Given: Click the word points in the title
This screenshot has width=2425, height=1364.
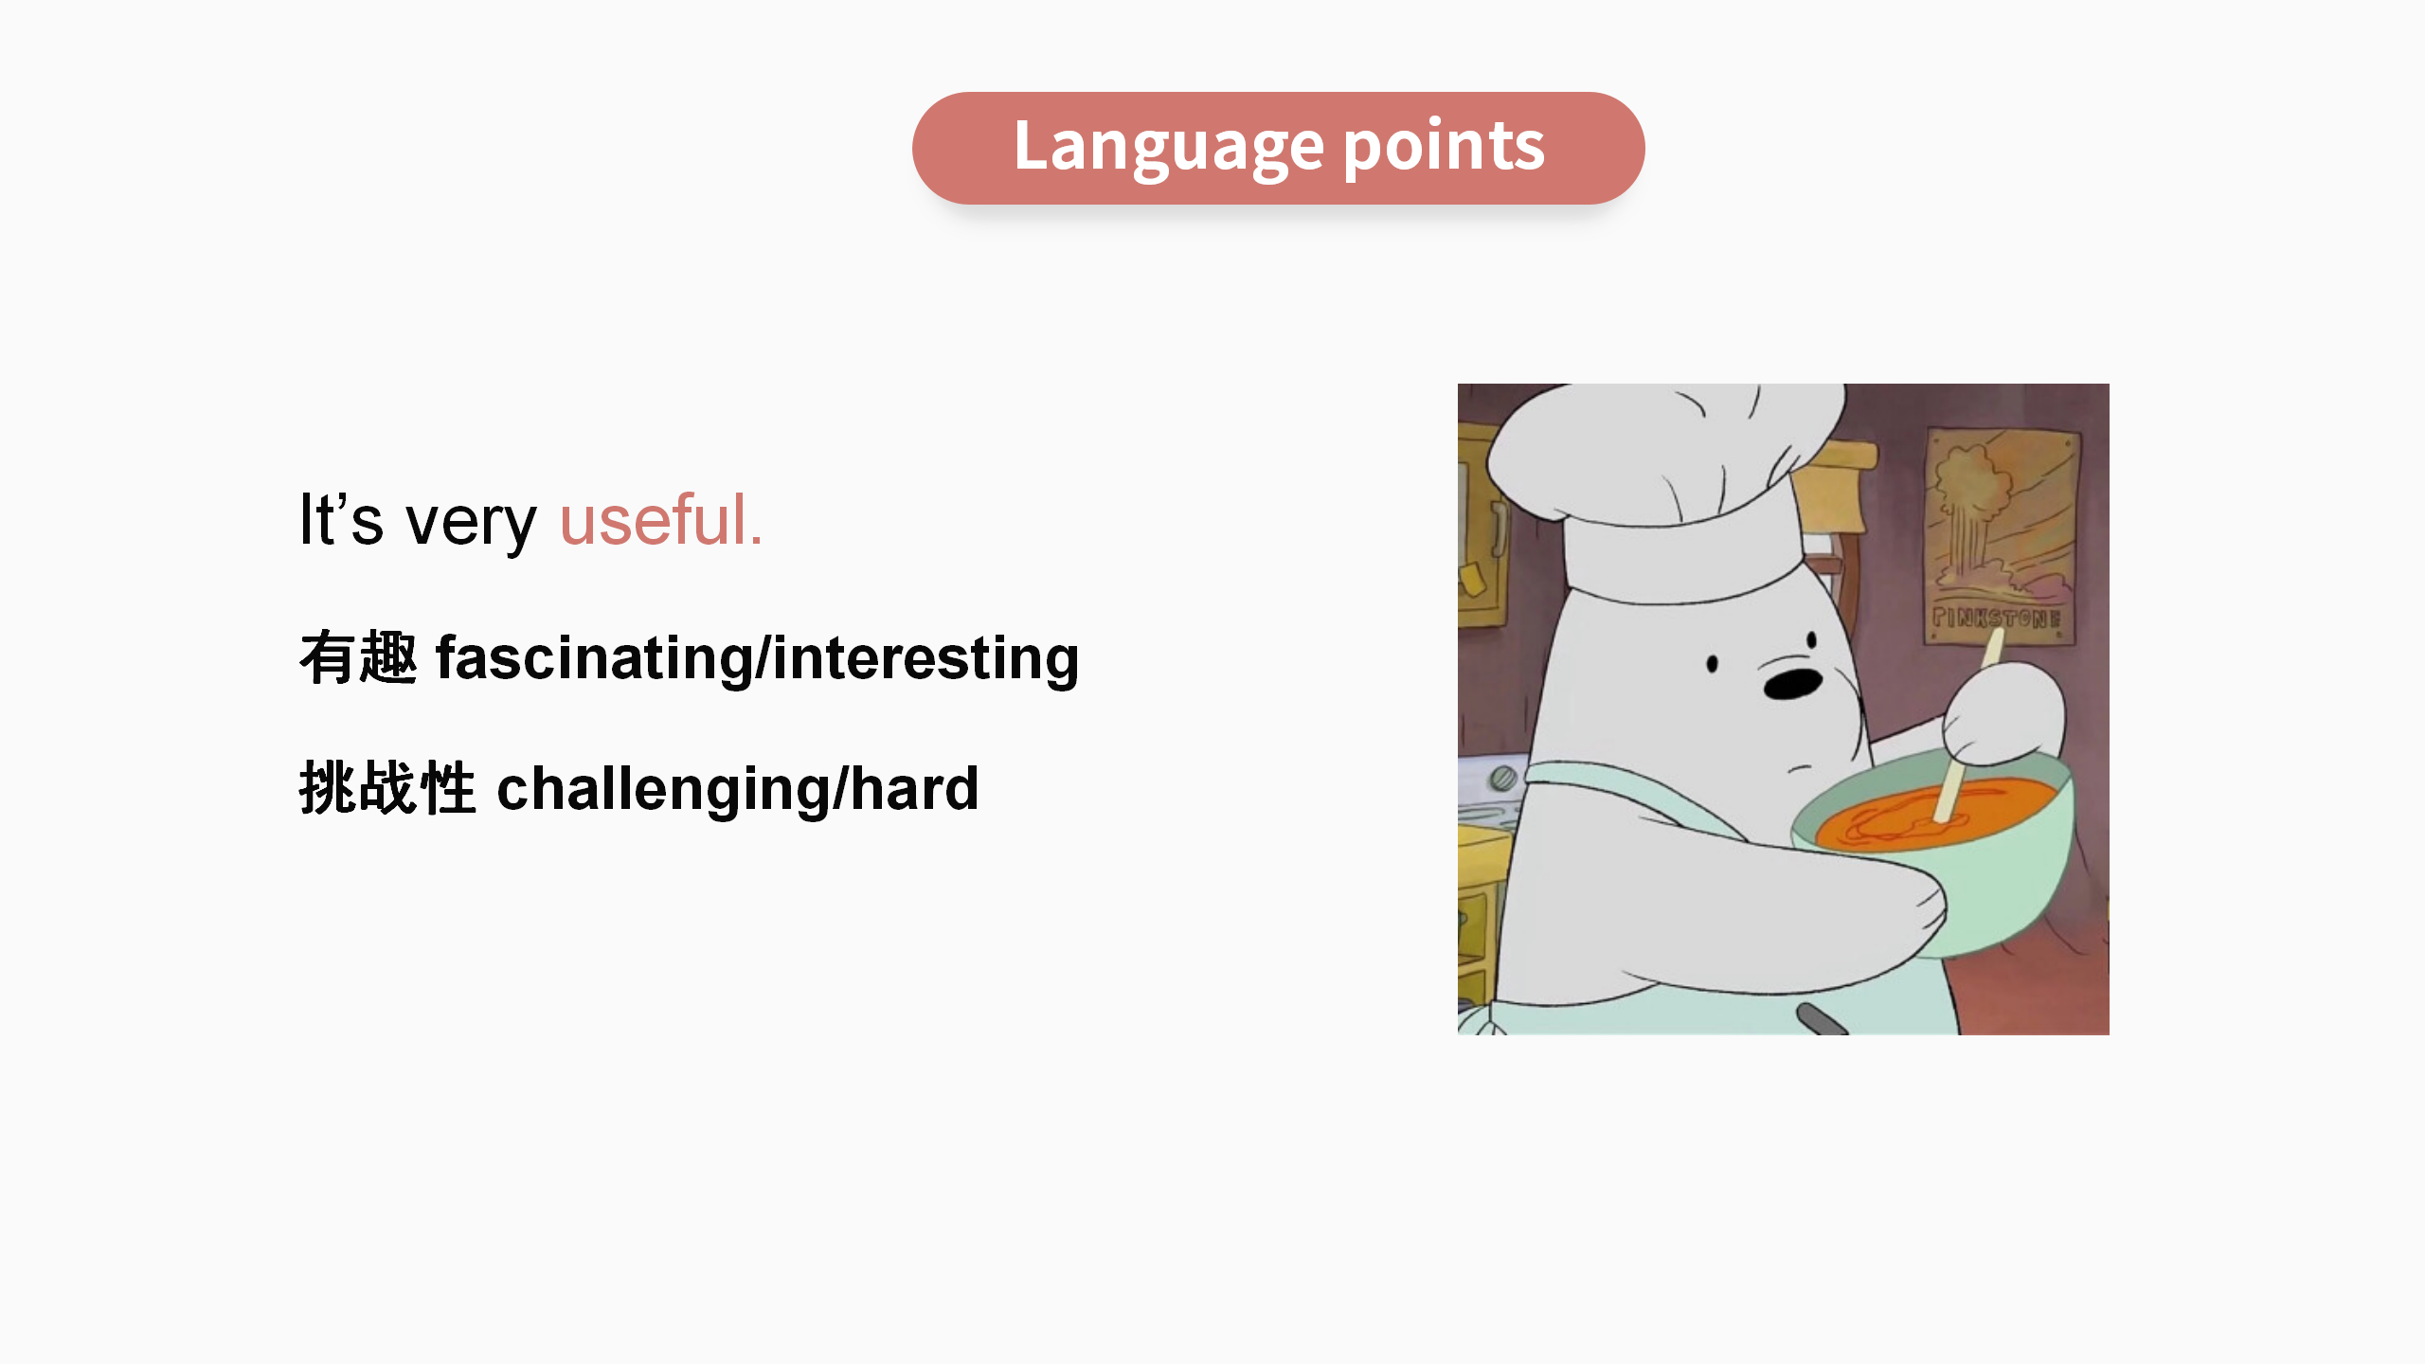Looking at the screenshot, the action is click(1445, 147).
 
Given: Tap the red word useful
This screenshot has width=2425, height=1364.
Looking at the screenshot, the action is click(661, 520).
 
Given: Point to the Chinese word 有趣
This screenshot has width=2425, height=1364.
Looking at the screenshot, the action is click(358, 656).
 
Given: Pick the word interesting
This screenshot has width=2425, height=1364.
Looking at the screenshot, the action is click(925, 658).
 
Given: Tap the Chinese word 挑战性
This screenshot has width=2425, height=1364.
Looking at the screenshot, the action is click(387, 787).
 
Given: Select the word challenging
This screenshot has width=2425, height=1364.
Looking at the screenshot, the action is click(663, 789).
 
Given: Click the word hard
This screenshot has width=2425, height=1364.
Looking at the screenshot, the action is click(914, 787).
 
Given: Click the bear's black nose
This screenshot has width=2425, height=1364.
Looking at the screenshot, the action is click(1792, 683).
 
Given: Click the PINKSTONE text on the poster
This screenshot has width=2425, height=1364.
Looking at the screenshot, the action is click(1997, 619).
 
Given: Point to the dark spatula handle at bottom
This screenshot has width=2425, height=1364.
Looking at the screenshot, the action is click(1821, 1019).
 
